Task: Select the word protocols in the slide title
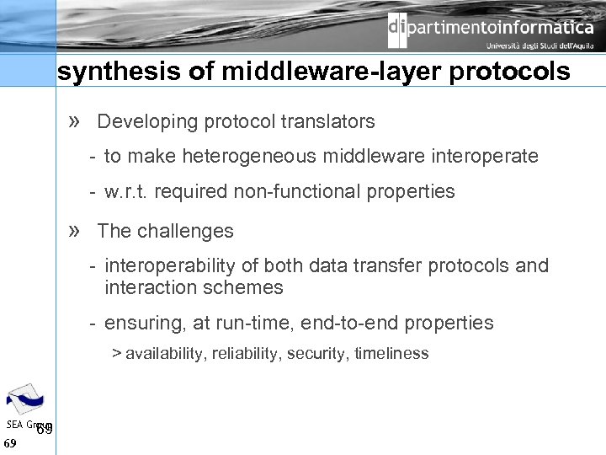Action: [510, 72]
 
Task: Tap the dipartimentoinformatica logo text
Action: [491, 28]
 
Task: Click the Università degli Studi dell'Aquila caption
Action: [540, 46]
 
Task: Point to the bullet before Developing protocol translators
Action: [74, 121]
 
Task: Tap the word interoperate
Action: [491, 156]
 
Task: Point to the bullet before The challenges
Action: [74, 231]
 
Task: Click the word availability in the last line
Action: [163, 354]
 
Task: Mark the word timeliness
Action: [391, 354]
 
